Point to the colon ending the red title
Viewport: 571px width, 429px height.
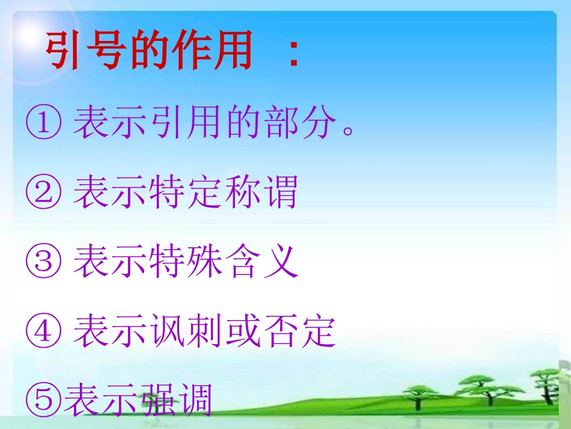(293, 53)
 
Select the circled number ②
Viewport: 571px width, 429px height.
(43, 193)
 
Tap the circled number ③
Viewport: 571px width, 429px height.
(43, 262)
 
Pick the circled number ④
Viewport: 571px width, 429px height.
(43, 331)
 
